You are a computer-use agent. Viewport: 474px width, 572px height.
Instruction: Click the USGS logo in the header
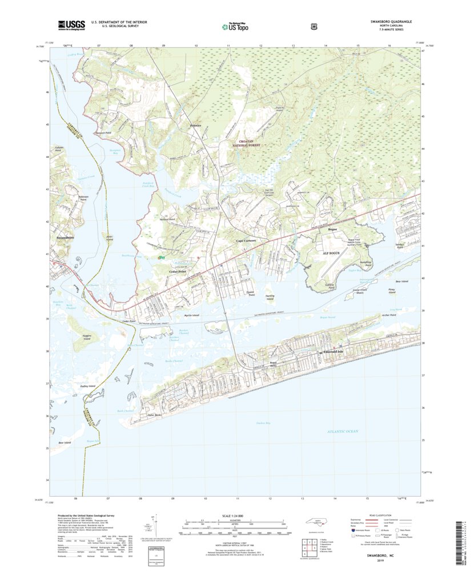coord(71,25)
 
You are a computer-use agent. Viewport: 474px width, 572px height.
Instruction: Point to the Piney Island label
coord(391,292)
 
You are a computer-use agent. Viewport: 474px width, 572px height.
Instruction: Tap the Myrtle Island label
coord(191,315)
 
